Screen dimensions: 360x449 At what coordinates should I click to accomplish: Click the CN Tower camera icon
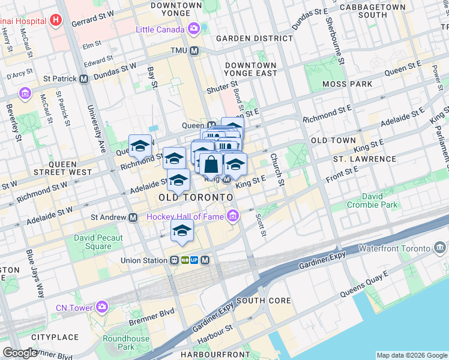pyautogui.click(x=101, y=307)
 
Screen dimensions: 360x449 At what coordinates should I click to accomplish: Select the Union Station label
pyautogui.click(x=144, y=260)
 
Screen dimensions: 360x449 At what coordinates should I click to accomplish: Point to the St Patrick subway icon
pyautogui.click(x=83, y=79)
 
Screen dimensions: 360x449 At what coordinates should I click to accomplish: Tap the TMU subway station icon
pyautogui.click(x=194, y=51)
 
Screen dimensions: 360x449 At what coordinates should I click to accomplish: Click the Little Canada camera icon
pyautogui.click(x=193, y=29)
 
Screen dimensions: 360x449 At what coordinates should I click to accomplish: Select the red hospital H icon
pyautogui.click(x=56, y=20)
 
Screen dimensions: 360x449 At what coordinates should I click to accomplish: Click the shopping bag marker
pyautogui.click(x=211, y=164)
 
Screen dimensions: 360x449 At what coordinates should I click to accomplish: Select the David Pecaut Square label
pyautogui.click(x=98, y=242)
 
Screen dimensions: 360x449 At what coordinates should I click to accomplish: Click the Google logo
pyautogui.click(x=20, y=353)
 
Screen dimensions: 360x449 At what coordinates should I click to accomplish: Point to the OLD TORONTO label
pyautogui.click(x=195, y=197)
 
